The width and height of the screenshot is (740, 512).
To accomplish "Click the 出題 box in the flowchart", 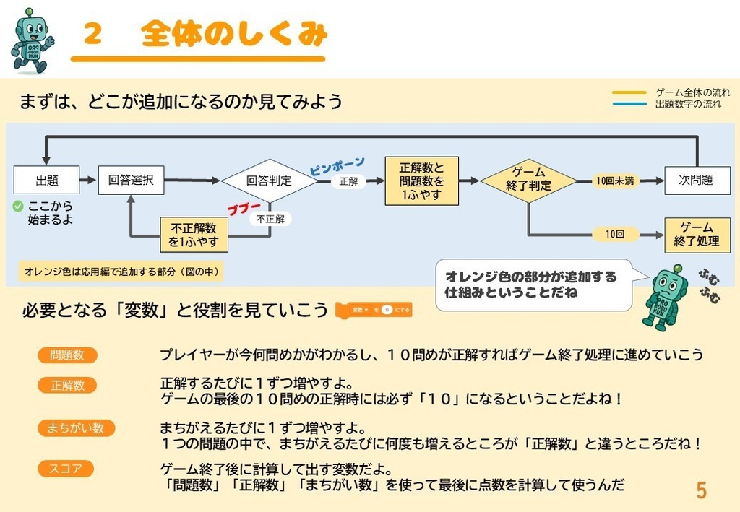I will click(x=47, y=181).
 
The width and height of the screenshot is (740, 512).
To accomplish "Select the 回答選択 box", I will click(x=131, y=181).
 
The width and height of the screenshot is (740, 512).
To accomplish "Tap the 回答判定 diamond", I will click(x=269, y=181).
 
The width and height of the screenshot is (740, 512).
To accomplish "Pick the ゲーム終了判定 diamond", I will click(x=528, y=180).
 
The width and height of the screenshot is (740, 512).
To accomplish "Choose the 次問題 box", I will click(x=697, y=181).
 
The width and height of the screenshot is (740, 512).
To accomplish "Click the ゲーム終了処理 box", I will click(x=697, y=235).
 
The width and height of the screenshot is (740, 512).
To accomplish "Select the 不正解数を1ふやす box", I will click(x=194, y=235).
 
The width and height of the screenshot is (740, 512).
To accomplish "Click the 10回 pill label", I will click(x=615, y=235).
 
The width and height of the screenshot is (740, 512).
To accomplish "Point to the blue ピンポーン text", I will click(x=337, y=166).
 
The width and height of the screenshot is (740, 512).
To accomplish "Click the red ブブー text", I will click(x=244, y=209).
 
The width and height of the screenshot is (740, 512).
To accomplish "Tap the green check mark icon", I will click(x=18, y=207).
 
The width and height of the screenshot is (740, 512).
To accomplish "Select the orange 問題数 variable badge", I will click(x=67, y=355).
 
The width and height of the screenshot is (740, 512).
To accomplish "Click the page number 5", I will click(x=701, y=491).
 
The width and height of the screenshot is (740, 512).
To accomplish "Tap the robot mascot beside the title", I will click(x=31, y=42).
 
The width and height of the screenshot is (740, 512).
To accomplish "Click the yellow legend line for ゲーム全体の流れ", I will click(x=629, y=92).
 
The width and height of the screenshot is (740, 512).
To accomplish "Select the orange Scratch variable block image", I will click(x=374, y=310).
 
